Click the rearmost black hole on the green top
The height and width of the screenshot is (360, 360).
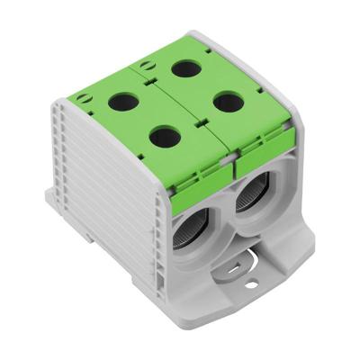pos(187,68)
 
